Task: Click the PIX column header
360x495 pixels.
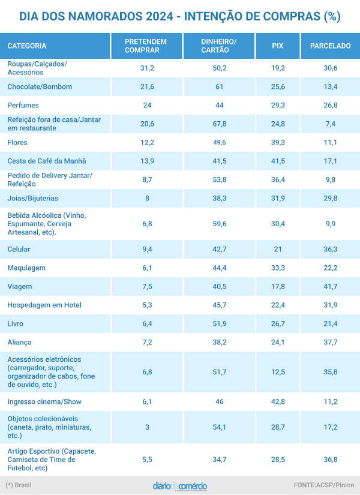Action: tap(277, 46)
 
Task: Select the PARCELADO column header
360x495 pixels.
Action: tap(330, 46)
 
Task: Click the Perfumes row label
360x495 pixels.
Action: tap(23, 105)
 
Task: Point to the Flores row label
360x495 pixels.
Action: tap(17, 142)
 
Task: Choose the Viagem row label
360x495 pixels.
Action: tap(20, 286)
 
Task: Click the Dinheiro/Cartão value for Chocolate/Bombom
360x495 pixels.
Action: tap(220, 86)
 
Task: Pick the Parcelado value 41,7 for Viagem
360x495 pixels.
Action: tap(330, 286)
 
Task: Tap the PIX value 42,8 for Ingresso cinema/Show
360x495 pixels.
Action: tap(278, 402)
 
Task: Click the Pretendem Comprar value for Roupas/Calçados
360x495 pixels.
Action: tap(147, 68)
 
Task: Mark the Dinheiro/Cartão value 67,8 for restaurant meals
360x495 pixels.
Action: tap(220, 124)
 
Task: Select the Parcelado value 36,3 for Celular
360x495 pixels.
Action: tap(330, 249)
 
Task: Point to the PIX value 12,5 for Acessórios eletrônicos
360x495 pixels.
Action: tap(278, 372)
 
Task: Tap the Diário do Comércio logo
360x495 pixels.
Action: tap(180, 485)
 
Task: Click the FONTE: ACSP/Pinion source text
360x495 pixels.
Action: tap(323, 485)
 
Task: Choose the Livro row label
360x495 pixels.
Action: tap(16, 323)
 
